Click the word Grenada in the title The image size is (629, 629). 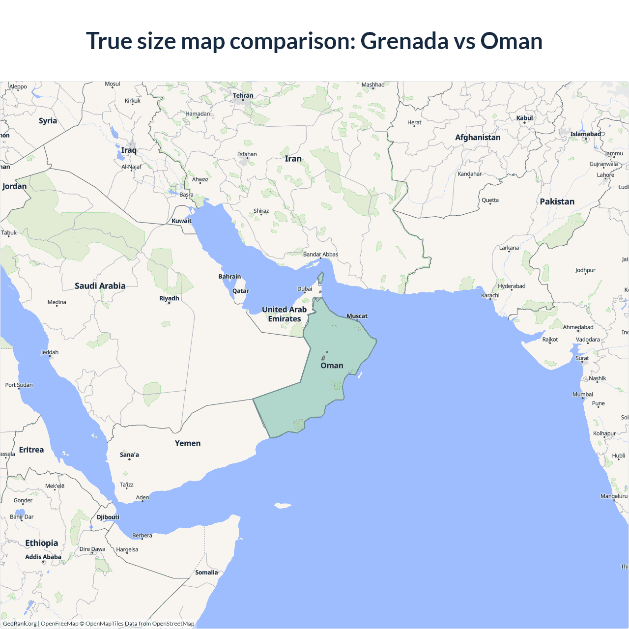(x=404, y=41)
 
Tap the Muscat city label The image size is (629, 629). (x=357, y=316)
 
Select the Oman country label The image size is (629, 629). (x=332, y=366)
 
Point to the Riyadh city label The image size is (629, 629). (x=169, y=298)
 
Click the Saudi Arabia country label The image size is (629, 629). (x=100, y=286)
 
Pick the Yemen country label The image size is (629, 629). (x=188, y=443)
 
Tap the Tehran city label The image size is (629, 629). (x=243, y=96)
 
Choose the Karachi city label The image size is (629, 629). (x=490, y=295)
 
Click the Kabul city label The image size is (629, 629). (x=524, y=118)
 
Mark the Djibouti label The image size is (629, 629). (x=108, y=517)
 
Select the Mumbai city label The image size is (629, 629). (x=583, y=394)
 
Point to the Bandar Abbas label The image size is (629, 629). (x=320, y=254)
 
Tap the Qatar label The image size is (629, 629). (x=241, y=291)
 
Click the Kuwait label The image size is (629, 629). (x=181, y=221)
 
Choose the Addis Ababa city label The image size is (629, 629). (x=43, y=557)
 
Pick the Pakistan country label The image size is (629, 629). (x=557, y=201)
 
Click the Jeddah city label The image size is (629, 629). (x=50, y=352)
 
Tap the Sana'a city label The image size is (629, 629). (x=129, y=455)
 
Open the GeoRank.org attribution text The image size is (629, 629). (x=20, y=624)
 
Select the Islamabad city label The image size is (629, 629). (x=585, y=134)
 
